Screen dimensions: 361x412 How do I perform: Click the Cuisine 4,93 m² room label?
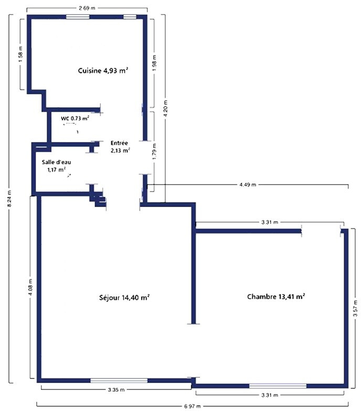click(x=103, y=70)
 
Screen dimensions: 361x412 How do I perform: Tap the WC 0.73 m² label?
click(x=75, y=118)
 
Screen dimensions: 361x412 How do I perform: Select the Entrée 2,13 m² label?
click(x=120, y=147)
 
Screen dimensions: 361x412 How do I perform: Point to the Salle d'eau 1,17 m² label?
click(x=56, y=166)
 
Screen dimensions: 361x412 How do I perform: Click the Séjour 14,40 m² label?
click(x=125, y=297)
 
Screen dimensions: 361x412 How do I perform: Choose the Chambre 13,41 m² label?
click(x=277, y=297)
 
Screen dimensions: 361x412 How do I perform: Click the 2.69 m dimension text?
click(x=87, y=8)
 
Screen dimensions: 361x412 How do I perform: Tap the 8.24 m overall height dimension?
click(x=10, y=199)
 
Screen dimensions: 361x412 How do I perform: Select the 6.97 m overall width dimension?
click(x=193, y=406)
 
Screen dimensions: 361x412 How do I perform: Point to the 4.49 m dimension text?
click(x=248, y=185)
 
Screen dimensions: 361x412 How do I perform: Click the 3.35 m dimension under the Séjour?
click(x=116, y=389)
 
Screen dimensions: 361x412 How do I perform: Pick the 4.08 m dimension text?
click(x=31, y=287)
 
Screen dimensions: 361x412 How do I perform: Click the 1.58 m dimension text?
click(x=21, y=55)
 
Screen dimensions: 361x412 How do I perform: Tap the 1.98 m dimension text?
click(x=154, y=63)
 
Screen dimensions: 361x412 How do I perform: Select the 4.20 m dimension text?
click(x=165, y=109)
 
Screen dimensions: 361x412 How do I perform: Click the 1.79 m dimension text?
click(x=154, y=151)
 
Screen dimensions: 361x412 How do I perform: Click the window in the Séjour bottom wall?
click(x=119, y=380)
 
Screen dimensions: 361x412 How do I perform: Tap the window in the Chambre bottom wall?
click(x=278, y=386)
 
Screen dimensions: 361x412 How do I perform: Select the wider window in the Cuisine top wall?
click(x=78, y=17)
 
